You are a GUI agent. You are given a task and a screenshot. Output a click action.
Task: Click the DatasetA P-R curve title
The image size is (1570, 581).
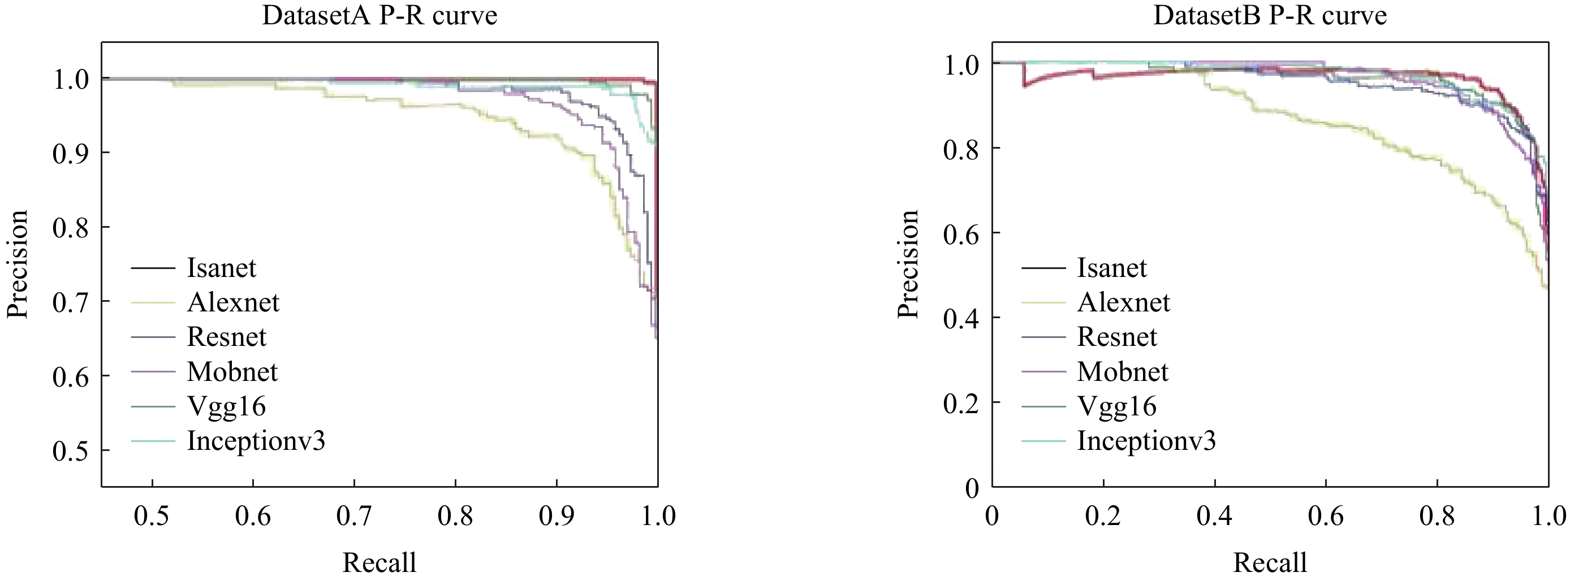tap(379, 15)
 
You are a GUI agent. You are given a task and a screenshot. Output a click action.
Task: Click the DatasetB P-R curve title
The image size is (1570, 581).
tap(1270, 15)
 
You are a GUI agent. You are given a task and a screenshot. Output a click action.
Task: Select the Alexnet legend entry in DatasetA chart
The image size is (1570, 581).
tap(233, 302)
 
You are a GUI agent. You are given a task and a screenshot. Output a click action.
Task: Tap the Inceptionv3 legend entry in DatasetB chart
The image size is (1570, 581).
tap(1146, 440)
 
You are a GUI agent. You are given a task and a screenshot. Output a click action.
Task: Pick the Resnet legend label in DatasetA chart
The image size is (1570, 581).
tap(227, 337)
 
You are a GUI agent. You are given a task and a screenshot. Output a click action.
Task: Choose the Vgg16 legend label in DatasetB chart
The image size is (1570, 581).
tap(1116, 406)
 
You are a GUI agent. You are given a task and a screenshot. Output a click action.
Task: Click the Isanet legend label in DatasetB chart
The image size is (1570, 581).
tap(1112, 268)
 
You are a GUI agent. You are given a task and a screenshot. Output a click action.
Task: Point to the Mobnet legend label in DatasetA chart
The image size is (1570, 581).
tap(232, 371)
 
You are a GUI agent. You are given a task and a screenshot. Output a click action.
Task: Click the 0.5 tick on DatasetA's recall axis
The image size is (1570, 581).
tap(152, 516)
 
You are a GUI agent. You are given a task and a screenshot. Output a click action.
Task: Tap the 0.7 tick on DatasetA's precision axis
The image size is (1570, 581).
tap(70, 302)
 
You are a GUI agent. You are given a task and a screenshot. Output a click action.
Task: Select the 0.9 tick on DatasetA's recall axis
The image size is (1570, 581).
tap(557, 516)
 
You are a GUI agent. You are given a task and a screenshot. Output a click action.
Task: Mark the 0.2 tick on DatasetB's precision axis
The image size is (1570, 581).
tap(960, 403)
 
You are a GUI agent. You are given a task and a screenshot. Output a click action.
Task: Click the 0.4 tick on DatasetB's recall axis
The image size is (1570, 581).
tap(1214, 516)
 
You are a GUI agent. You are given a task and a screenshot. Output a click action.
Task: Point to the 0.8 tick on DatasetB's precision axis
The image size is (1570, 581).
tap(960, 149)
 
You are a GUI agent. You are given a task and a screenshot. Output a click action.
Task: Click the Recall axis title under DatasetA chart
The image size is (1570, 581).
tap(379, 562)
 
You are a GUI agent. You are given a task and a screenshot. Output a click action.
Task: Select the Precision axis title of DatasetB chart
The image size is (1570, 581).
tap(908, 264)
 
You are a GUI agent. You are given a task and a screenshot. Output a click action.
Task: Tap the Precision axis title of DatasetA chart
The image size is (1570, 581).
tap(17, 264)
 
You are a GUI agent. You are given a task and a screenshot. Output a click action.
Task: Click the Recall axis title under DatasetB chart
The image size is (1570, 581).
tap(1270, 562)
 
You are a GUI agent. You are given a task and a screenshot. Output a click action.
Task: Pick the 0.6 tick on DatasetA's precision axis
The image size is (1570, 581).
tap(70, 377)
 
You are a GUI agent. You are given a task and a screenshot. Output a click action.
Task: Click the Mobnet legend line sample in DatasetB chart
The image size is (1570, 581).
tap(1043, 371)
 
